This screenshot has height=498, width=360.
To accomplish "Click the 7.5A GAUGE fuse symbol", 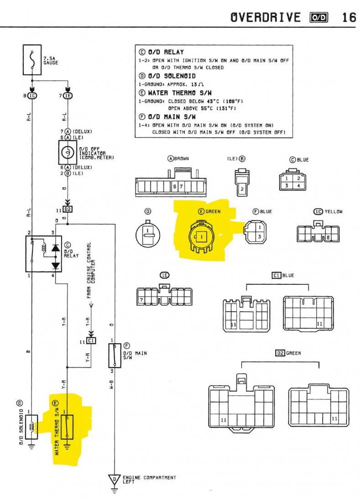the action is [x=32, y=60].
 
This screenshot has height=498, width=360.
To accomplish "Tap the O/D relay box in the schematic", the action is [x=43, y=254].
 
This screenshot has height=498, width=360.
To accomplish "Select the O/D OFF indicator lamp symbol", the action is [x=68, y=152].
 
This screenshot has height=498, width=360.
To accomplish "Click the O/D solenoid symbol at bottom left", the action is [x=32, y=427].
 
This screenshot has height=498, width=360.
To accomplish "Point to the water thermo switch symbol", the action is [x=67, y=427].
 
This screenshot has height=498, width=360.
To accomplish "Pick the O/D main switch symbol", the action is [x=114, y=356].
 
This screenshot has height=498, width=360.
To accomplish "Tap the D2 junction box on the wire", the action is [x=68, y=210].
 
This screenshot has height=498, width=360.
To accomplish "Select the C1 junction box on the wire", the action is [x=91, y=341].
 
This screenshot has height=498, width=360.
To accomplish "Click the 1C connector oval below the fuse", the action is [x=32, y=95].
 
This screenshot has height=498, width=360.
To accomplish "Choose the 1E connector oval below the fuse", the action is [x=68, y=95].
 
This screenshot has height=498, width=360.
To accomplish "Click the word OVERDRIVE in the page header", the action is [x=266, y=17].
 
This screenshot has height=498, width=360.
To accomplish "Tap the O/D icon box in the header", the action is [x=319, y=17].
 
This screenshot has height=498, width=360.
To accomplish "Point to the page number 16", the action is [x=349, y=17].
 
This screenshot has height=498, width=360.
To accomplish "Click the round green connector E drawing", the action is [x=201, y=236].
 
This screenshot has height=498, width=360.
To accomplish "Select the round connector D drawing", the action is [x=148, y=234].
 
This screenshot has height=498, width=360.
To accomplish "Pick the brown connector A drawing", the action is [x=171, y=183].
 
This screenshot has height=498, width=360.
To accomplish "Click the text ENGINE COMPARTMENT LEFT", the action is [x=149, y=480].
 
